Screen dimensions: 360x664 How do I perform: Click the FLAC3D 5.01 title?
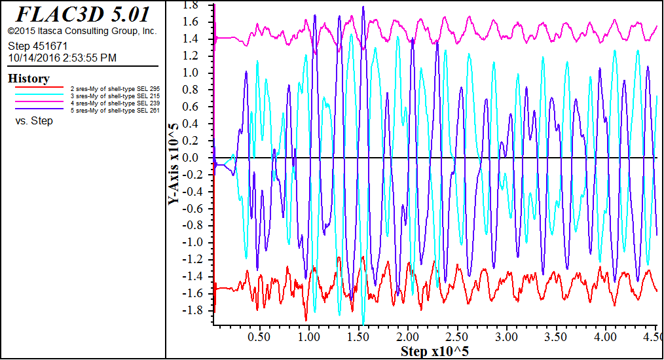pyautogui.click(x=83, y=14)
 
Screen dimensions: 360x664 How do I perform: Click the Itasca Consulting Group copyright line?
pyautogui.click(x=82, y=31)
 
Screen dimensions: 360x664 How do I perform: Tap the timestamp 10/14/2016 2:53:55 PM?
pyautogui.click(x=62, y=58)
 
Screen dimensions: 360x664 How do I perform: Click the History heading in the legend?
pyautogui.click(x=29, y=79)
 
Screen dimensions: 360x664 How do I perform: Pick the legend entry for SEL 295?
pyautogui.click(x=115, y=88)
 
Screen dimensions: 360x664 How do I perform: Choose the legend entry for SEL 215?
pyautogui.click(x=115, y=96)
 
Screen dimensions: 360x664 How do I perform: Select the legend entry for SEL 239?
pyautogui.click(x=115, y=103)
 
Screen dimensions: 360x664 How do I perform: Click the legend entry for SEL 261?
pyautogui.click(x=115, y=111)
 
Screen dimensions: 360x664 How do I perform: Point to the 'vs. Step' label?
pyautogui.click(x=34, y=121)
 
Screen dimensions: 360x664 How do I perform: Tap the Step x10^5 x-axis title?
pyautogui.click(x=434, y=352)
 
